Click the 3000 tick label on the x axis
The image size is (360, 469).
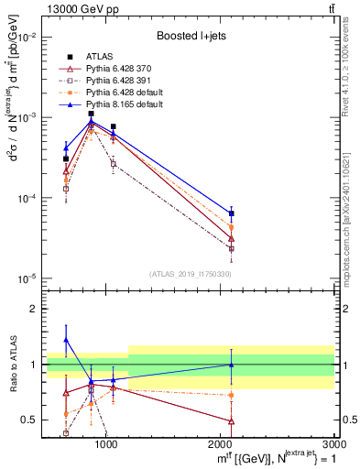pyautogui.click(x=333, y=443)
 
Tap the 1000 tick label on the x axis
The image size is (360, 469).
pyautogui.click(x=106, y=443)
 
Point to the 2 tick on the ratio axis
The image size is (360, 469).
pyautogui.click(x=37, y=309)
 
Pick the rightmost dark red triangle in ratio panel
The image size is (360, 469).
pyautogui.click(x=231, y=421)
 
